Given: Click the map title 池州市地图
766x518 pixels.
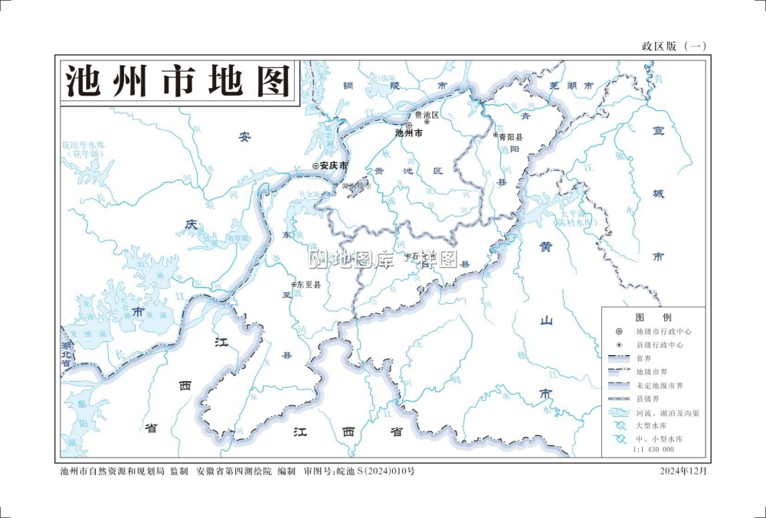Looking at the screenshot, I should click(x=178, y=80).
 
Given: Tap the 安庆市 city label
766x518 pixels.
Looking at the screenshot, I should click(x=334, y=165).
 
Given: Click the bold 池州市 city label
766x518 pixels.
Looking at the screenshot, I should click(x=409, y=133).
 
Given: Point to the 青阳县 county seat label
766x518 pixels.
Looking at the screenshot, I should click(x=511, y=136).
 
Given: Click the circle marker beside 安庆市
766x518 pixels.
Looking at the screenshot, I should click(x=315, y=165).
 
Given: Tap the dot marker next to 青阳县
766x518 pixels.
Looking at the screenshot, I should click(x=496, y=135).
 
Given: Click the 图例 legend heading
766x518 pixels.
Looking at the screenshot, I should click(x=653, y=317).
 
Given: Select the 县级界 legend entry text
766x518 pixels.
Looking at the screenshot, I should click(x=648, y=399).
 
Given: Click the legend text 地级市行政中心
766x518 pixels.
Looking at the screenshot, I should click(x=663, y=332).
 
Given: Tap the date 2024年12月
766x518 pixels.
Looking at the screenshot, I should click(x=684, y=471).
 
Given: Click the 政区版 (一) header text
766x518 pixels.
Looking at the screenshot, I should click(x=673, y=46).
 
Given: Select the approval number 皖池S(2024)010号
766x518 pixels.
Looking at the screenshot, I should click(x=376, y=471).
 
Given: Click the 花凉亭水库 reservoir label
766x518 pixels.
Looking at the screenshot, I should click(x=82, y=144).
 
